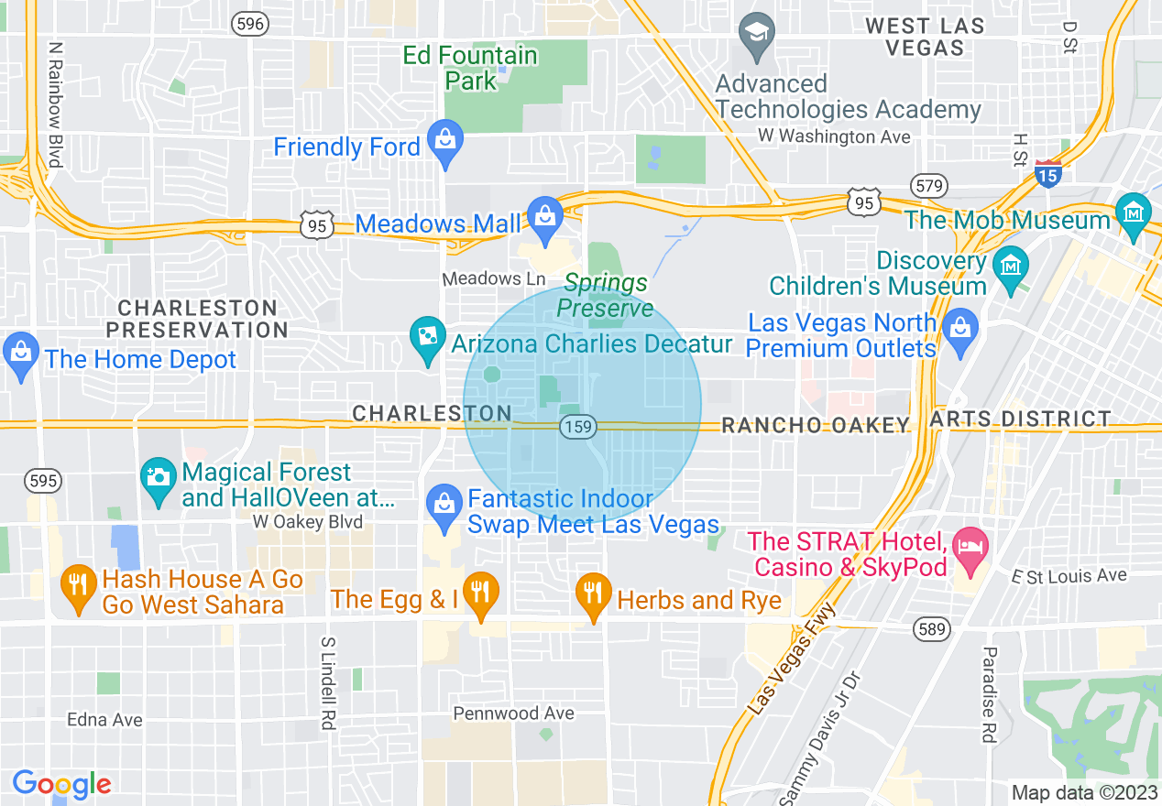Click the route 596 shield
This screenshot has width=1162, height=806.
250,25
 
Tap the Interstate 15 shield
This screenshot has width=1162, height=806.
1047,173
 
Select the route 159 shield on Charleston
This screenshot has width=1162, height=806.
578,426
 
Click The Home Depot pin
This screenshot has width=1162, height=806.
19,354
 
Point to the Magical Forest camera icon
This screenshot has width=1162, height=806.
159,479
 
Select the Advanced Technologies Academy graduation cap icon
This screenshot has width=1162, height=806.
758,35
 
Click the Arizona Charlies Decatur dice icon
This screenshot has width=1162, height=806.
427,339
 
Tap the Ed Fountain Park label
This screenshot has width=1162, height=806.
470,68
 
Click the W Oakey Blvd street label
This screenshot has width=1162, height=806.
308,522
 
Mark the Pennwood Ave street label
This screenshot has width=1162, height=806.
514,713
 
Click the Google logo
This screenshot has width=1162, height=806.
61,784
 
